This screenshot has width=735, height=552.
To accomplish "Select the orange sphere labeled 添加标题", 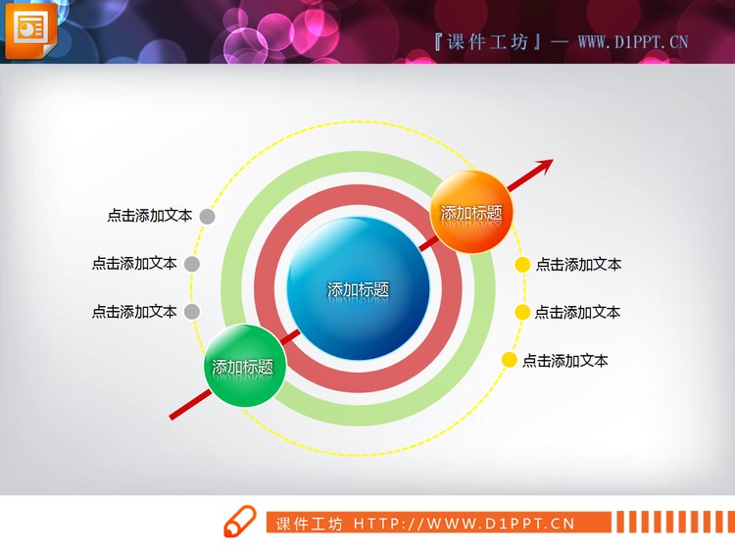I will [x=472, y=213].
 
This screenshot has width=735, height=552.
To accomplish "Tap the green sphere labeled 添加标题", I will [x=243, y=367].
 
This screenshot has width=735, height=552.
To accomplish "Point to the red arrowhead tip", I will [x=553, y=159].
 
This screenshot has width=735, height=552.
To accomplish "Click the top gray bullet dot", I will [x=207, y=216].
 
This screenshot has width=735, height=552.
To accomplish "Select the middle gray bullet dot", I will [x=192, y=264].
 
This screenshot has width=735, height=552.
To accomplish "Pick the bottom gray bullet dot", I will [x=192, y=312].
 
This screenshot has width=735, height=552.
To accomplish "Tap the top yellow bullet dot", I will [x=523, y=264].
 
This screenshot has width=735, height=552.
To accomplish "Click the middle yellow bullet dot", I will [x=523, y=312].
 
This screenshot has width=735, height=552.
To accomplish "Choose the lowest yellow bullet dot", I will [x=510, y=360].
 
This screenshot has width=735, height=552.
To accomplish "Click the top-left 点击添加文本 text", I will [x=149, y=216].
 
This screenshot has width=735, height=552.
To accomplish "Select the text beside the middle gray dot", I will [x=134, y=264].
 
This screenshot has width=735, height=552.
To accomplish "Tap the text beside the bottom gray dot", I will [x=134, y=312].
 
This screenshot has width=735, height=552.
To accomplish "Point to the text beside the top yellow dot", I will [x=578, y=264].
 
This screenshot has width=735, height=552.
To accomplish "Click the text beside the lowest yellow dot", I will [x=564, y=361].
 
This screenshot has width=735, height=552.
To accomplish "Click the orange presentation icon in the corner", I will [x=30, y=28].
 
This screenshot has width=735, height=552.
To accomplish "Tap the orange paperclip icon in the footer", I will [x=238, y=523].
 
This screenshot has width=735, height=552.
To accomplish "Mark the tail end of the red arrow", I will [x=172, y=419].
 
